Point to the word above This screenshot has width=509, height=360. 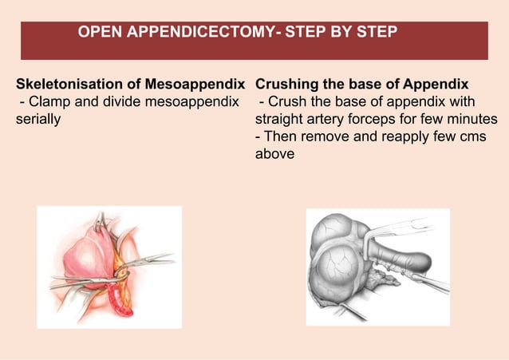point(274,154)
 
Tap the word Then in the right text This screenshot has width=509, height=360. point(278,136)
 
